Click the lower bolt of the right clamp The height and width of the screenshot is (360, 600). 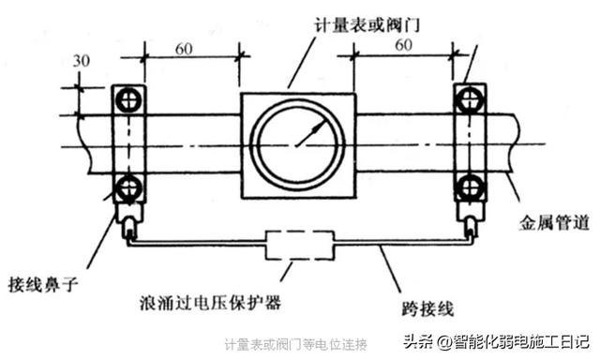click(x=469, y=185)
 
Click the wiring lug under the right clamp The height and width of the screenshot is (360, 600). click(x=470, y=223)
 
